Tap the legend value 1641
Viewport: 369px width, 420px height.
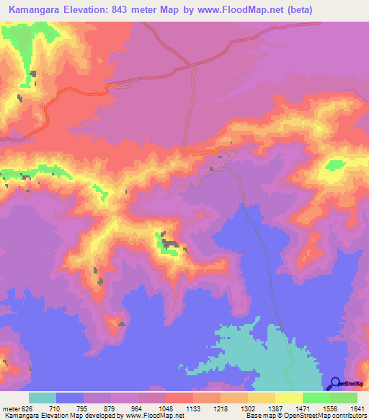point(357,408)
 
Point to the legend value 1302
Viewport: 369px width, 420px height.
point(234,408)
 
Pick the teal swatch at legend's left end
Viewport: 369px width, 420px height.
point(43,398)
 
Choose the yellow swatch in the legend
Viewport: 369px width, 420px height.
point(288,398)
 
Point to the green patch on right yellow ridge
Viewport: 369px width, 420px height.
point(334,165)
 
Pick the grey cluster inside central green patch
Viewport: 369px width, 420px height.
point(169,244)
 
